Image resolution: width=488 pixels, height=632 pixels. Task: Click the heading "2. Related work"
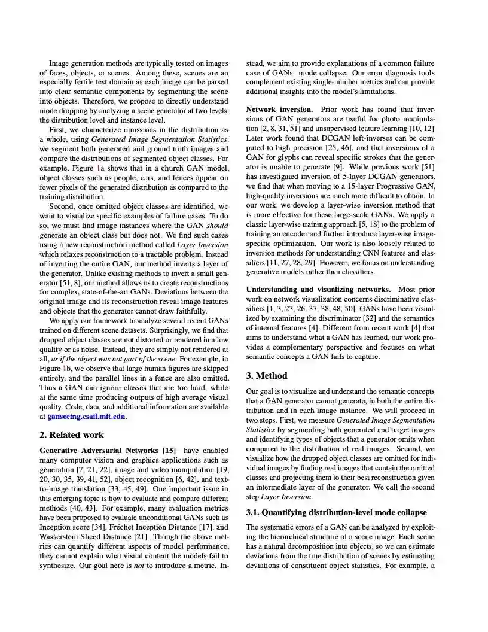(71, 435)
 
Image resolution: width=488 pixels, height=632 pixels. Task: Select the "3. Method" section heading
(267, 376)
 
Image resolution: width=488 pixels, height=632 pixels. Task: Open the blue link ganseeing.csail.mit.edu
(87, 416)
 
